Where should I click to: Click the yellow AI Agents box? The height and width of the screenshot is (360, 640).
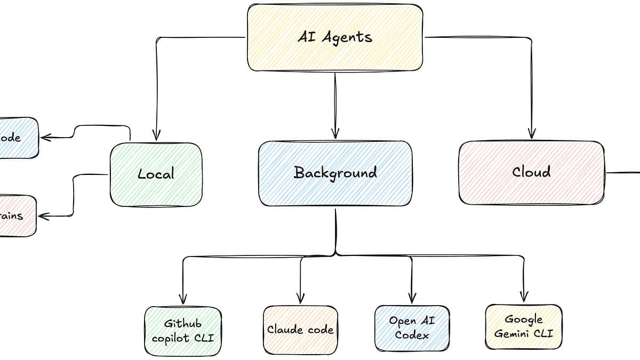tap(335, 37)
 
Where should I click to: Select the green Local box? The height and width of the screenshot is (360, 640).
tap(156, 174)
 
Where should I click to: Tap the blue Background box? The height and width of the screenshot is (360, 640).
tap(335, 173)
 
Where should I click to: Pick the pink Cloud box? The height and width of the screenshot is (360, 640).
tap(531, 172)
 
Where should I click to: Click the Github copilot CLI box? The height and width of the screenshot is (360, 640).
tap(183, 331)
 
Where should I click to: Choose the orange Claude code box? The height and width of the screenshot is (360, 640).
tap(300, 330)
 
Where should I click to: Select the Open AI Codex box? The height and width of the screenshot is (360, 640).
tap(412, 328)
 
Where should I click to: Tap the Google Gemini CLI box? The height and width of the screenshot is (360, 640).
tap(523, 327)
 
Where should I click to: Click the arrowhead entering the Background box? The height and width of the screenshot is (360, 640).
tap(335, 133)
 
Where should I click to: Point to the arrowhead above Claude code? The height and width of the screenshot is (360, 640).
tap(300, 298)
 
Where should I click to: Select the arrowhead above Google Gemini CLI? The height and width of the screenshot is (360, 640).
tap(524, 297)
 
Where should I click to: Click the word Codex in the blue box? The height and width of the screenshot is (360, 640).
tap(412, 335)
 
